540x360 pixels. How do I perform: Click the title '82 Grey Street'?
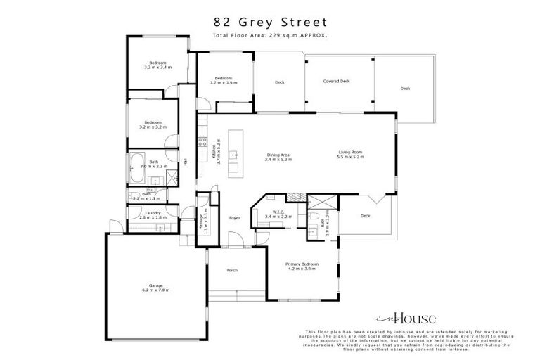click(x=270, y=22)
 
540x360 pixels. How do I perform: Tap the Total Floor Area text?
click(x=270, y=35)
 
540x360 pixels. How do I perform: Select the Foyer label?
click(x=235, y=218)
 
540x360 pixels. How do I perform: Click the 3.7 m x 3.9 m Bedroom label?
click(x=224, y=80)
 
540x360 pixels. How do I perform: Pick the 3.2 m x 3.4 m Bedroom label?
click(x=157, y=65)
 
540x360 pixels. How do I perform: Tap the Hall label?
click(x=185, y=162)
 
